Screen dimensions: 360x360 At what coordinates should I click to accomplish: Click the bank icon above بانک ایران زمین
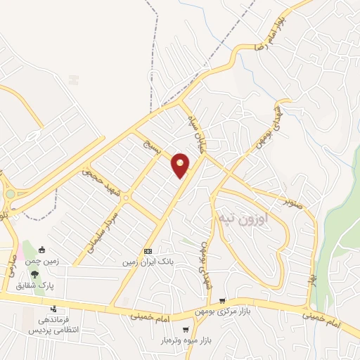(x=148, y=252)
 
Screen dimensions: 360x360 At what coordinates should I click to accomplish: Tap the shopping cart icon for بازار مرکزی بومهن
(x=222, y=300)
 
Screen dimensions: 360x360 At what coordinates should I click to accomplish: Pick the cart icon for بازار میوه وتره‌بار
(x=185, y=329)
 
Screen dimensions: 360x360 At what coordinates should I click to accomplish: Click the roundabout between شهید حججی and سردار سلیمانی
(x=125, y=198)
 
